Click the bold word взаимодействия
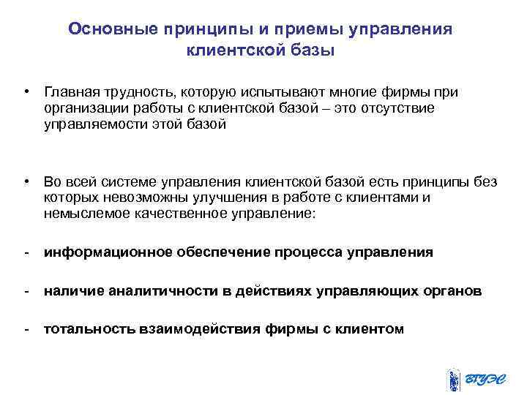pyautogui.click(x=198, y=329)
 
